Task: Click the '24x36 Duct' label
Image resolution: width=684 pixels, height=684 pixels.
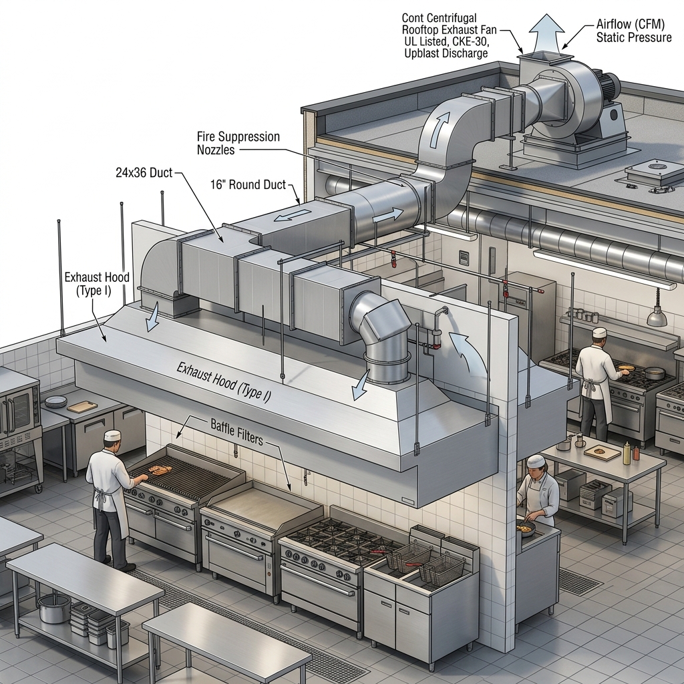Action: click(144, 173)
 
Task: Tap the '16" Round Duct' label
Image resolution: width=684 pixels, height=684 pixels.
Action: click(248, 184)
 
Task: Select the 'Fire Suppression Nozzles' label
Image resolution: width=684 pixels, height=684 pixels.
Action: click(238, 143)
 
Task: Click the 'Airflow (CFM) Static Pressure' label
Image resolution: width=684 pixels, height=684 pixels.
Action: click(633, 31)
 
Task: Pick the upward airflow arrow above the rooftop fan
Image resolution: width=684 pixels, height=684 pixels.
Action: click(546, 33)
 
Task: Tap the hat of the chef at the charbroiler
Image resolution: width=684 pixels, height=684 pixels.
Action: click(112, 435)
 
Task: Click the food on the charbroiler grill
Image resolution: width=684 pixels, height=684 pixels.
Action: click(160, 470)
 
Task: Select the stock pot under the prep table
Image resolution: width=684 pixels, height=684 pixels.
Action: click(55, 608)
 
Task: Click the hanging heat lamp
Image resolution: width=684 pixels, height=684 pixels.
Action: click(657, 316)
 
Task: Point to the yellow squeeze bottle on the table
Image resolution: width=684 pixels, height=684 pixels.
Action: click(627, 453)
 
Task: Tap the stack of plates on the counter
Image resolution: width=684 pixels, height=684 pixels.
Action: click(56, 401)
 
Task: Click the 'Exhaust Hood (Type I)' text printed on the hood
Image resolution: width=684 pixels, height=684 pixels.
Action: click(224, 381)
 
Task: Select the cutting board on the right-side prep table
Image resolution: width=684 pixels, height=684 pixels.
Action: click(603, 452)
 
